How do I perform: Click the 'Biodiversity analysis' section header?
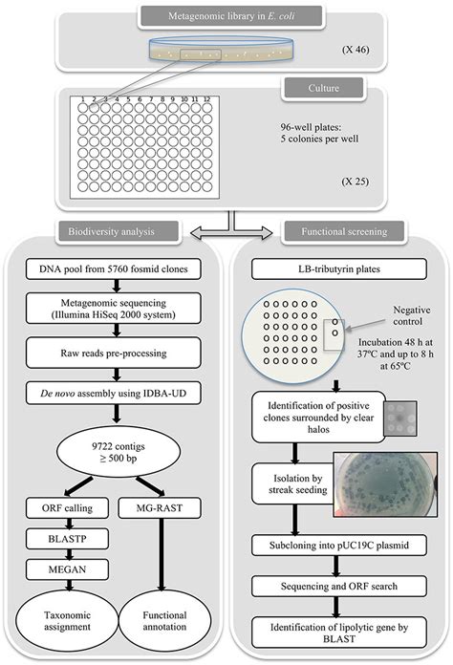[112, 231]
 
